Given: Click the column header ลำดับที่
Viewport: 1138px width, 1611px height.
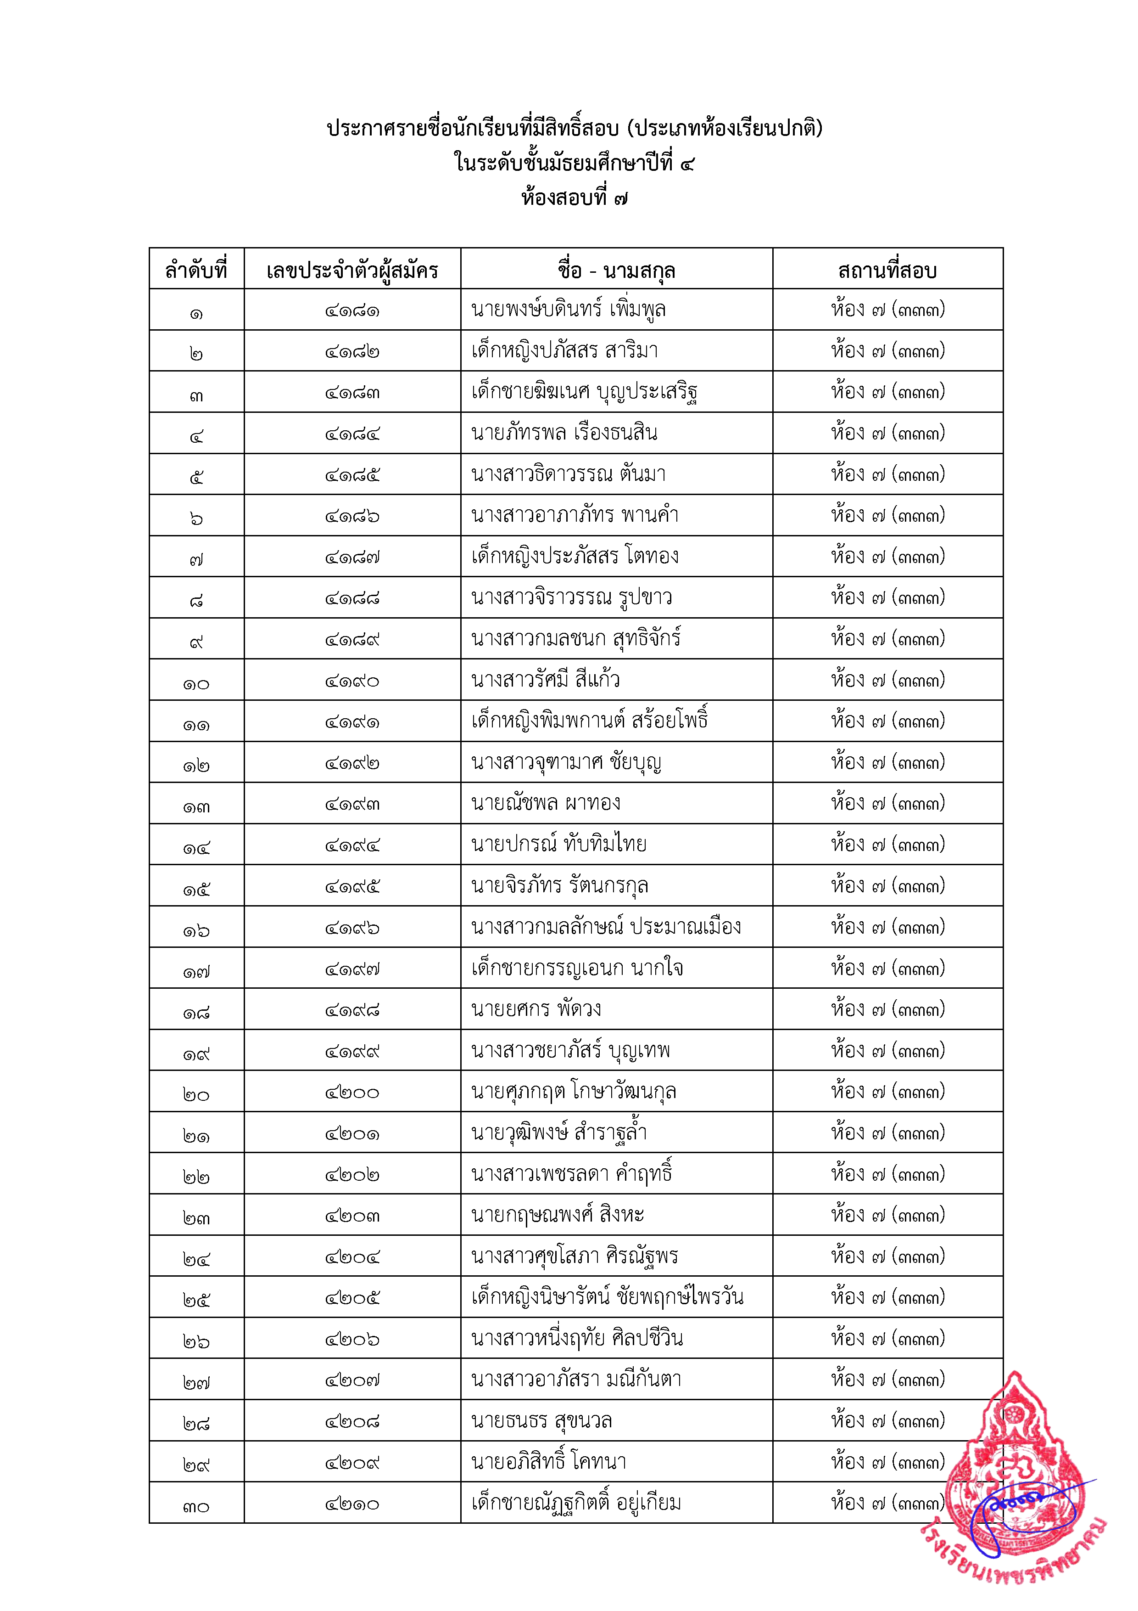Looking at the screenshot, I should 196,270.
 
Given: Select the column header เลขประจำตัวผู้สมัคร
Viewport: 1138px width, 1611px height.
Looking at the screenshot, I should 352,270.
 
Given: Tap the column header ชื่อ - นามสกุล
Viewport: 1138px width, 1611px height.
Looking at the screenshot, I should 616,270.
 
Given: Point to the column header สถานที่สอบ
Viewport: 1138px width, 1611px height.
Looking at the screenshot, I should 887,270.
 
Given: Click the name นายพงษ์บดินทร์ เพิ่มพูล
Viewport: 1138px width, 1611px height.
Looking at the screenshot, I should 569,310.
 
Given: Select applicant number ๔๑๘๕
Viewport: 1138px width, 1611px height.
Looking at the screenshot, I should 352,475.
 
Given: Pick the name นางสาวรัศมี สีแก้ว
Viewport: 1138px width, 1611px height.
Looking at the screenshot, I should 546,680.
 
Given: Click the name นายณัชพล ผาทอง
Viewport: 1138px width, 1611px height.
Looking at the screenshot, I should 546,803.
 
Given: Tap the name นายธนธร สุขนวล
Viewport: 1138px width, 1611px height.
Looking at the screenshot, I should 541,1421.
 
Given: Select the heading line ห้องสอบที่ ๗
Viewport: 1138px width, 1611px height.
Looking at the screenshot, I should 574,198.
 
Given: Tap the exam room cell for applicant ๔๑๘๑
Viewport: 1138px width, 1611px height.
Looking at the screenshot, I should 887,310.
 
